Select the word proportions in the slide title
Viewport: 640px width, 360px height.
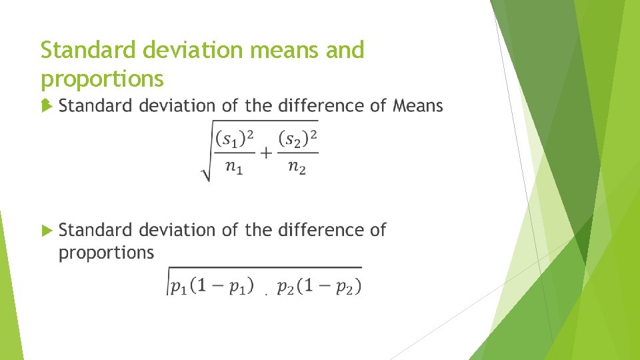click(102, 79)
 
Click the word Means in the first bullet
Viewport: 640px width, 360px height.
click(418, 106)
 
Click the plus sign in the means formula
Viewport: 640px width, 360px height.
click(266, 153)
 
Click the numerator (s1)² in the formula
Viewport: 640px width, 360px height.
click(235, 139)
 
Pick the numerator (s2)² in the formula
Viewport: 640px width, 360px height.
click(298, 139)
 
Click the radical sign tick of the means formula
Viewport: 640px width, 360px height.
click(205, 175)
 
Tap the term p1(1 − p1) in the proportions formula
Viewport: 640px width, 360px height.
click(211, 287)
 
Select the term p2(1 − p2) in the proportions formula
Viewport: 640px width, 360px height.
click(319, 287)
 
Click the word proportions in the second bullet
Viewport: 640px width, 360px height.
click(107, 253)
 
